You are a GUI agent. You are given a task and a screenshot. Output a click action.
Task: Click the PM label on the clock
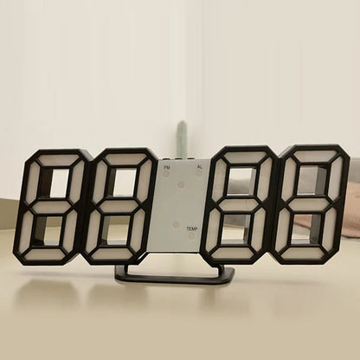(167, 164)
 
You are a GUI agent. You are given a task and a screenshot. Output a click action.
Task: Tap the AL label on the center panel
(199, 165)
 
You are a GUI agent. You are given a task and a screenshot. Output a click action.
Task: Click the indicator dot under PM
(165, 173)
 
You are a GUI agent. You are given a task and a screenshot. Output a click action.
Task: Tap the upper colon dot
(182, 183)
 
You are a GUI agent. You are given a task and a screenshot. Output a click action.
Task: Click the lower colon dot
(176, 224)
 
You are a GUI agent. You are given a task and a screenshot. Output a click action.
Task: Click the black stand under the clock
(174, 274)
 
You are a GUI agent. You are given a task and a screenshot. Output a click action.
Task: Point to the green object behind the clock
(181, 139)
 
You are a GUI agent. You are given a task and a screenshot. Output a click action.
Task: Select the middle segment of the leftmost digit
(49, 205)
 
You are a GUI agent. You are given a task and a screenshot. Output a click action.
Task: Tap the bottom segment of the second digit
(113, 254)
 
